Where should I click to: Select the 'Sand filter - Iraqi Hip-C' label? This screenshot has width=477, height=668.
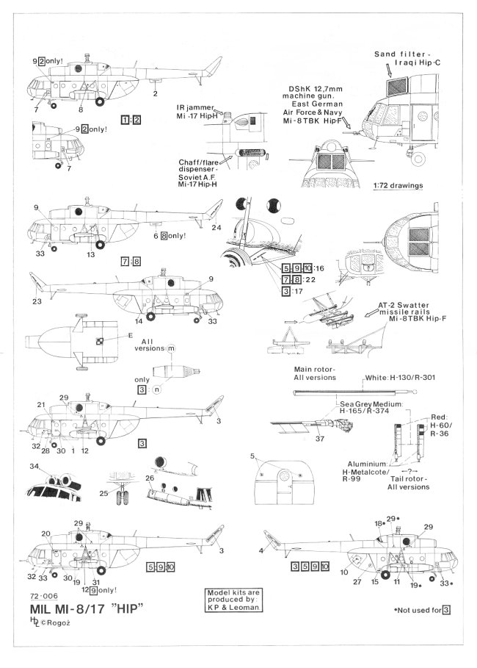point(406,59)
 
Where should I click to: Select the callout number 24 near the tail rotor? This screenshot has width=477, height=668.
point(217,229)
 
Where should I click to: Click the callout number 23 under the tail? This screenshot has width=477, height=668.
point(35,301)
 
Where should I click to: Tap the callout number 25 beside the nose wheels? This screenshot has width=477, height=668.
point(103,492)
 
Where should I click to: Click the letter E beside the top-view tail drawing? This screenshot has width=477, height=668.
point(131,336)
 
